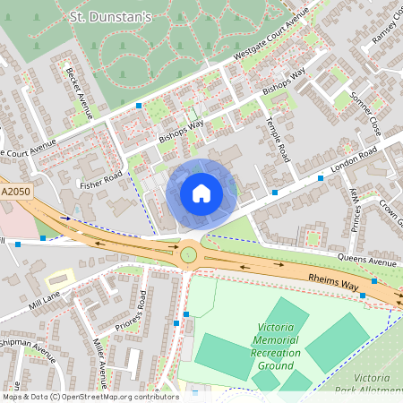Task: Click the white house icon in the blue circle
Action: click(201, 193)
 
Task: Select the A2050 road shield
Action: click(15, 192)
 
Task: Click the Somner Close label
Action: click(365, 113)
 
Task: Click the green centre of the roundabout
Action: click(189, 255)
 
